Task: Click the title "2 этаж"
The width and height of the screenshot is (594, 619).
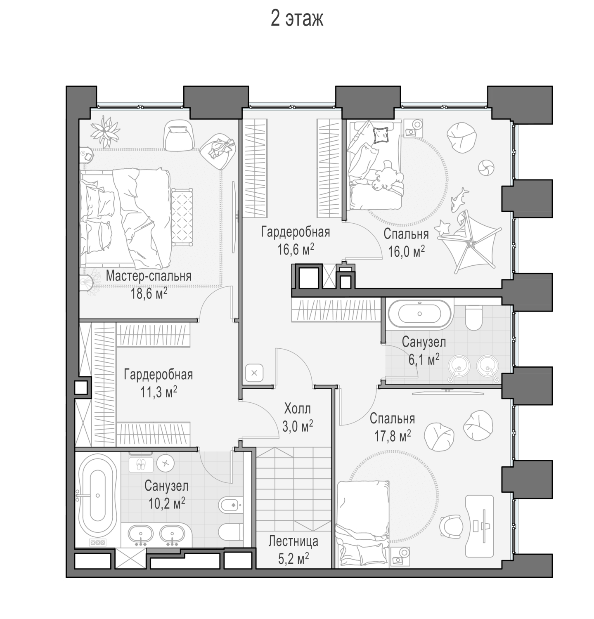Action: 297,19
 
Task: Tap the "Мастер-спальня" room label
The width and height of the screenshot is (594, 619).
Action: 149,276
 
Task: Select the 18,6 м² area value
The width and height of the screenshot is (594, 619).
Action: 149,293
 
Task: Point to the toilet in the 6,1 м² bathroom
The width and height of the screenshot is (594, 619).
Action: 473,317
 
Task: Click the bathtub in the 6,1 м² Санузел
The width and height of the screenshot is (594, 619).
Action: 419,314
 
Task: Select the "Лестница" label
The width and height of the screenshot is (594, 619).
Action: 293,541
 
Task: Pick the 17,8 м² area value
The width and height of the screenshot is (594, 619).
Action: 393,436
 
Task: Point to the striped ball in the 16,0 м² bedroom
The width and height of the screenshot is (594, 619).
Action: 486,168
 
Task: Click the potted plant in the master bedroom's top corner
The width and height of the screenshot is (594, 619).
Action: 106,131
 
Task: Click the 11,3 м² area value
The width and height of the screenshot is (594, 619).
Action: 159,392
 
